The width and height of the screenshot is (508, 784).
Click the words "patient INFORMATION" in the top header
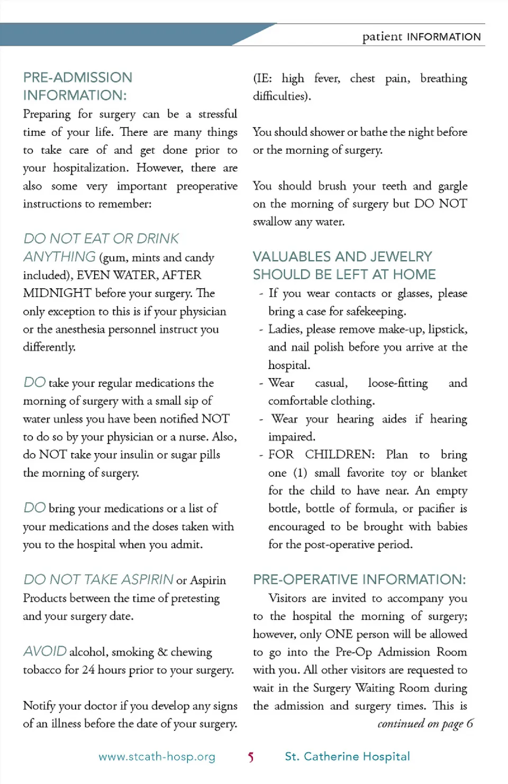(421, 36)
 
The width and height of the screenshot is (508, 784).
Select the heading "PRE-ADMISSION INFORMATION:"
(77, 86)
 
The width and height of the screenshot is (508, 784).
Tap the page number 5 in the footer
(251, 757)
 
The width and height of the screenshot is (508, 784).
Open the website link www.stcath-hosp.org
(157, 757)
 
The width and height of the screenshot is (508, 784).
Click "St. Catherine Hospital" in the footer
(347, 757)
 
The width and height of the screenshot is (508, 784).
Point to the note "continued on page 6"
(425, 723)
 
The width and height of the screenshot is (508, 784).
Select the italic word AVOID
(45, 651)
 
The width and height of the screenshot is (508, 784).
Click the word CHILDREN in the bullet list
(339, 455)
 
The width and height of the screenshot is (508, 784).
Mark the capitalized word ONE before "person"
(339, 634)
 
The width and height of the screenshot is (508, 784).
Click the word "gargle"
(452, 186)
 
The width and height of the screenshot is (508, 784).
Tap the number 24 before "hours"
(88, 670)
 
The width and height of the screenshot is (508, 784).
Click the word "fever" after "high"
(326, 79)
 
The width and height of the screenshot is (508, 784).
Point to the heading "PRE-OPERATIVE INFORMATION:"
(359, 579)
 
